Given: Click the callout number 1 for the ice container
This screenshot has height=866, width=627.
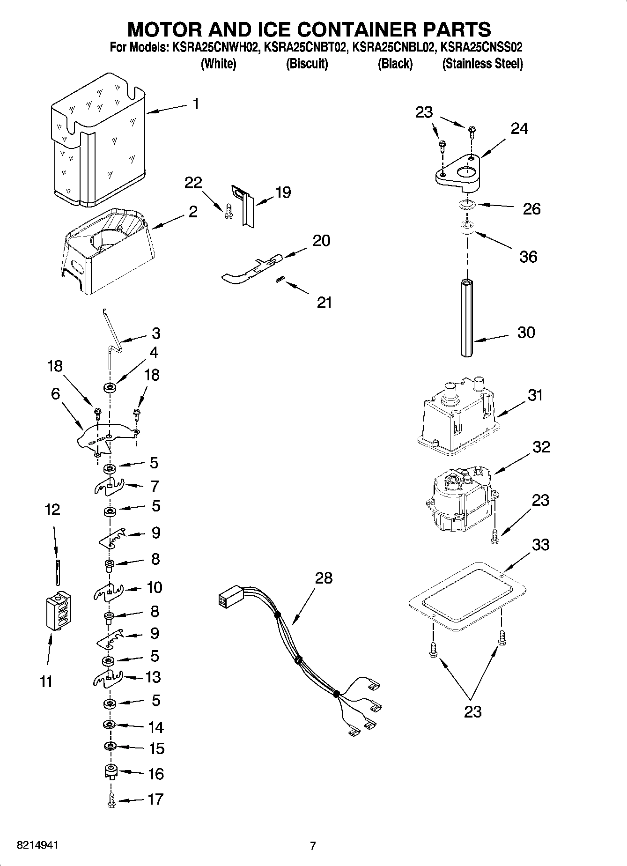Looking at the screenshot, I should click(196, 104).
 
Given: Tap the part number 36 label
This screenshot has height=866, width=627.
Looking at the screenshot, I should click(528, 256).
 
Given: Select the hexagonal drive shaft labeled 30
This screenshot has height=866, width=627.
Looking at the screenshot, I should click(467, 318).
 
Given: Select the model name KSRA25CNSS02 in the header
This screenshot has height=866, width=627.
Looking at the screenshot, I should click(482, 47).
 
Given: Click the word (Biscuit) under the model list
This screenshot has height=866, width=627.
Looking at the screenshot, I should click(307, 64).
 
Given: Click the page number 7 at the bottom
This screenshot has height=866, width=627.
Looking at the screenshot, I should click(313, 845).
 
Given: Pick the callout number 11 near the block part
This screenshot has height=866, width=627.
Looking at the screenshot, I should click(46, 681).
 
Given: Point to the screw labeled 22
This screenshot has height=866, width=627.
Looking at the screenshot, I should click(228, 211).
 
